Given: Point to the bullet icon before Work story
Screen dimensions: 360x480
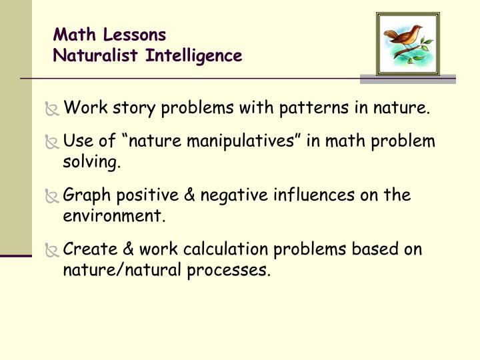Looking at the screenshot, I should point(51,107).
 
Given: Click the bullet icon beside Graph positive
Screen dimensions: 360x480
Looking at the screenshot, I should point(51,197).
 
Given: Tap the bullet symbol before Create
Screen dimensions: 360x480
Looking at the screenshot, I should point(51,251).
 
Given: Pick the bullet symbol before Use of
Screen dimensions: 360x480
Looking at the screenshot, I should point(51,143).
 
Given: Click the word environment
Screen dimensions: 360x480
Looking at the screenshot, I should point(112,217).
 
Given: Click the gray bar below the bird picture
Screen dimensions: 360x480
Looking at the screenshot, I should point(407,79).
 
